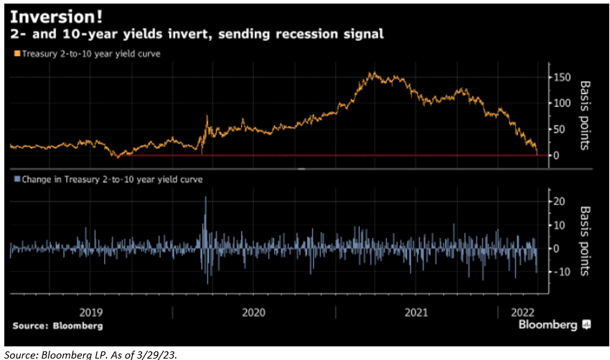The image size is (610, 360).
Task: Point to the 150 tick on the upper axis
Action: (x=560, y=77)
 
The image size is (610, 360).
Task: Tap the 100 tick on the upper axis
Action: (x=560, y=103)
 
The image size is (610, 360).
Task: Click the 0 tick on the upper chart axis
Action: (x=554, y=156)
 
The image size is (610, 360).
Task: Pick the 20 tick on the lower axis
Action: (x=557, y=202)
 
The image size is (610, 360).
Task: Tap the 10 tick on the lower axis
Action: (x=557, y=225)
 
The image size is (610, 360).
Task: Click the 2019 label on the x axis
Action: (x=91, y=312)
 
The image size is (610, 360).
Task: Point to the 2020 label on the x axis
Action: (x=254, y=312)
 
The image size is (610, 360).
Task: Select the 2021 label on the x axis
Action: (x=416, y=312)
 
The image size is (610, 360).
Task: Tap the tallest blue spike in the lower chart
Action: (x=205, y=198)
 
